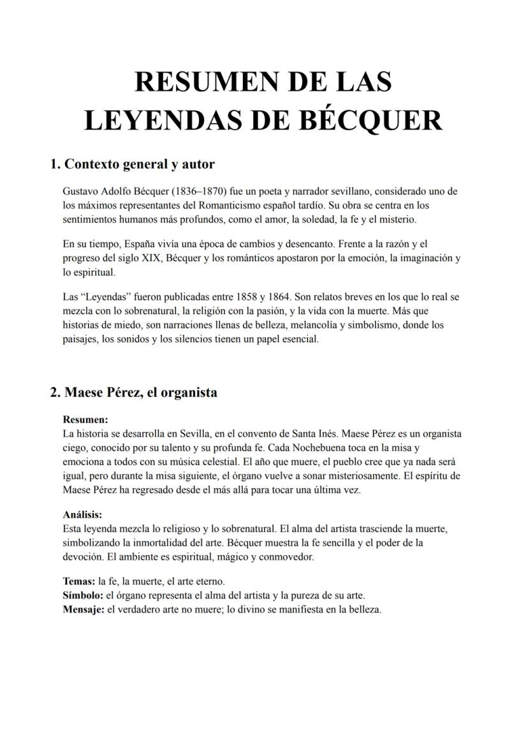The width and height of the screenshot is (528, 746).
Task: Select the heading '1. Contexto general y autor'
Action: (x=133, y=164)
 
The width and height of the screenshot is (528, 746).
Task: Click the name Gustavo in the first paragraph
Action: (x=81, y=191)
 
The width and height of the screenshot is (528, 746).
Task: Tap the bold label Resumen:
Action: (x=85, y=420)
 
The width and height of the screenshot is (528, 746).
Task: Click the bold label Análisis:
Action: (x=83, y=514)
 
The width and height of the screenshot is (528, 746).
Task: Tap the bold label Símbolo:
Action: (x=83, y=595)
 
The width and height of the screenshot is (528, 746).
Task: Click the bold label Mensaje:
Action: (x=84, y=609)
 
